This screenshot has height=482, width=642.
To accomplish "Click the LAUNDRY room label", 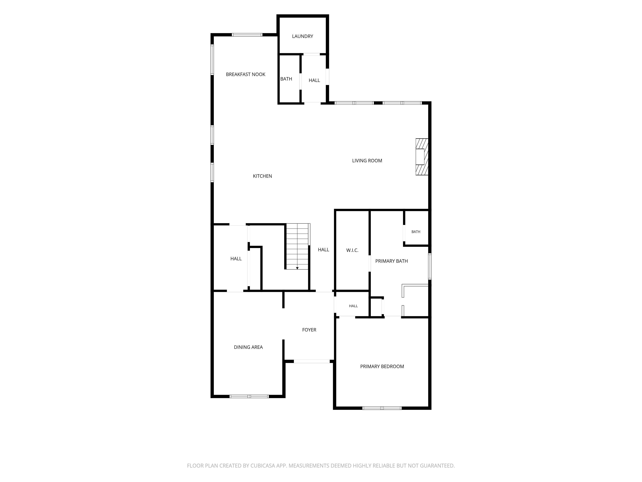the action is coord(302,36).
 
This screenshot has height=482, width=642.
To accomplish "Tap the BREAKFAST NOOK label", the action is coord(246,74).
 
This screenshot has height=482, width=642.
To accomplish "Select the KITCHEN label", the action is coord(262,176).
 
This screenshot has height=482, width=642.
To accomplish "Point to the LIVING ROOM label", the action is coord(367,161).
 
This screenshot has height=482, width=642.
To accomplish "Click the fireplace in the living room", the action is coord(422,157).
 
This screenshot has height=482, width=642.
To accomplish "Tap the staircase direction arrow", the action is coord(297,268).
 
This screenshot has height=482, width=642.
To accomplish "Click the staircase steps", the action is coord(298,246).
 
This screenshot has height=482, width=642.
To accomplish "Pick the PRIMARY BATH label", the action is coord(391,261).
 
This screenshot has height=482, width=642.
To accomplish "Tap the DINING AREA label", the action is coord(248,347).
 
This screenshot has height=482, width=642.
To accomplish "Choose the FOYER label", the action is coord(309,330).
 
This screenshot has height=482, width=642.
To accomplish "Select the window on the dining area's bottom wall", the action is coord(249,396).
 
